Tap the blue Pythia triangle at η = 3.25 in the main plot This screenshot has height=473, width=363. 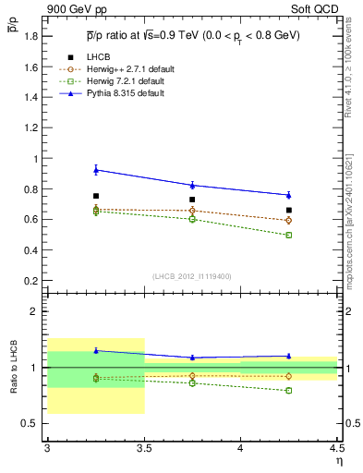pyautogui.click(x=95, y=169)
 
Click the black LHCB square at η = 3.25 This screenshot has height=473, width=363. pyautogui.click(x=95, y=196)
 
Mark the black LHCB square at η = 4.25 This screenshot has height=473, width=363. pyautogui.click(x=289, y=210)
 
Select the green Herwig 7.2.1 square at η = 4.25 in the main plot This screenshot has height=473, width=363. pyautogui.click(x=289, y=235)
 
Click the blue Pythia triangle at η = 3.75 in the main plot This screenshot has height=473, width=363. pyautogui.click(x=192, y=185)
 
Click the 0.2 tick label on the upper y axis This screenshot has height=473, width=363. pyautogui.click(x=33, y=280)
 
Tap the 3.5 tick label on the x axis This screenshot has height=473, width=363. pyautogui.click(x=144, y=448)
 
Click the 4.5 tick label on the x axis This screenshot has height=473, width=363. pyautogui.click(x=336, y=448)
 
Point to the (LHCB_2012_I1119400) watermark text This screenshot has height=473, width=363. pyautogui.click(x=192, y=277)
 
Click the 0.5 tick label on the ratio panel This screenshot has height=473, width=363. pyautogui.click(x=33, y=423)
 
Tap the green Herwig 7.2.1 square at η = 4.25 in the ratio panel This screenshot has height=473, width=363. pyautogui.click(x=289, y=390)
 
